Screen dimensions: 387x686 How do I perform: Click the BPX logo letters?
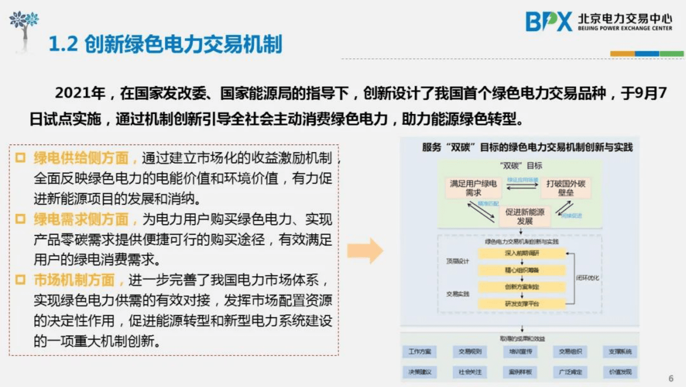pyautogui.click(x=548, y=22)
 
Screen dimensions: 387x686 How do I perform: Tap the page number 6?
pyautogui.click(x=671, y=378)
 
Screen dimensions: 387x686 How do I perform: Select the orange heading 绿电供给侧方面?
pyautogui.click(x=81, y=158)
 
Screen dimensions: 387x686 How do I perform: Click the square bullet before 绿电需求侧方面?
pyautogui.click(x=20, y=219)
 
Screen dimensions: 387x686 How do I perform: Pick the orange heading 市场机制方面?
pyautogui.click(x=74, y=280)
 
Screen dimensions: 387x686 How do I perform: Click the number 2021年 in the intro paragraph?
pyautogui.click(x=80, y=93)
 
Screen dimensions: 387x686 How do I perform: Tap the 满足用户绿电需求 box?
pyautogui.click(x=473, y=188)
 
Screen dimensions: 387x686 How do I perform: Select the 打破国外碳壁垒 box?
pyautogui.click(x=565, y=188)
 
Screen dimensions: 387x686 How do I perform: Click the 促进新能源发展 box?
pyautogui.click(x=525, y=216)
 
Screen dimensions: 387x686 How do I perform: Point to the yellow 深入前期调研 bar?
pyautogui.click(x=522, y=253)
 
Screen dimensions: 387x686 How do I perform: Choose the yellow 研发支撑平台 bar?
pyautogui.click(x=522, y=304)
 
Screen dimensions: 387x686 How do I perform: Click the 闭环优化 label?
pyautogui.click(x=587, y=278)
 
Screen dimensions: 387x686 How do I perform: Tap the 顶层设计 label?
pyautogui.click(x=457, y=261)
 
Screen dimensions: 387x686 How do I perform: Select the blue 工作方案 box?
pyautogui.click(x=419, y=352)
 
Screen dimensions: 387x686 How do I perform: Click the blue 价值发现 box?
pyautogui.click(x=620, y=372)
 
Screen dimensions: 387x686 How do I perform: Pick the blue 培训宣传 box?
pyautogui.click(x=520, y=352)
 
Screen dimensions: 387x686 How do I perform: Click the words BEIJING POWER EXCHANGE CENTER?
pyautogui.click(x=625, y=28)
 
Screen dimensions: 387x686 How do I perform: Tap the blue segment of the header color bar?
pyautogui.click(x=647, y=54)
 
